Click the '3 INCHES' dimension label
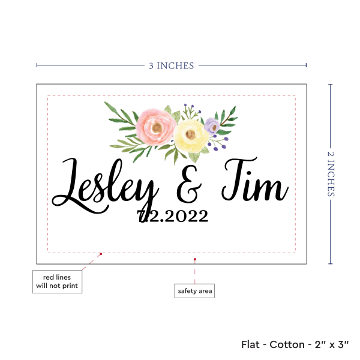click(171, 65)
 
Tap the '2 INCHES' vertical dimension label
click(332, 173)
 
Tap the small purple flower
click(211, 125)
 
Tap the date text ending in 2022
click(173, 216)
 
